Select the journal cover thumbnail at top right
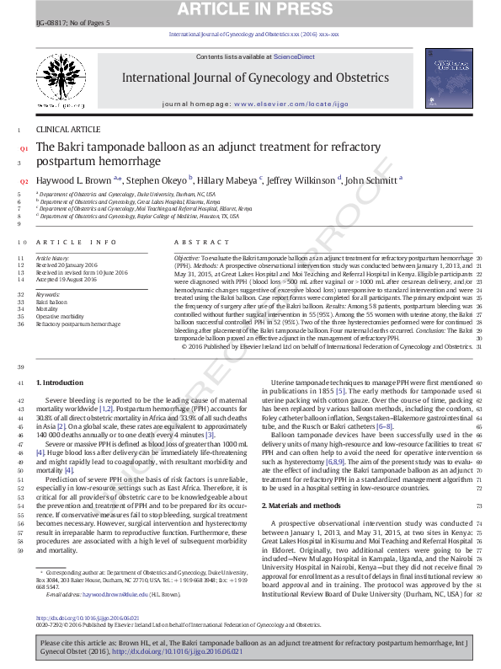[449, 83]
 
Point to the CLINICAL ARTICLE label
[67, 129]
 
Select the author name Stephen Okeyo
[161, 179]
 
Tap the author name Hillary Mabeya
[229, 179]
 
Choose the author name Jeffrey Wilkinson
[302, 179]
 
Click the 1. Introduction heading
[60, 383]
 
